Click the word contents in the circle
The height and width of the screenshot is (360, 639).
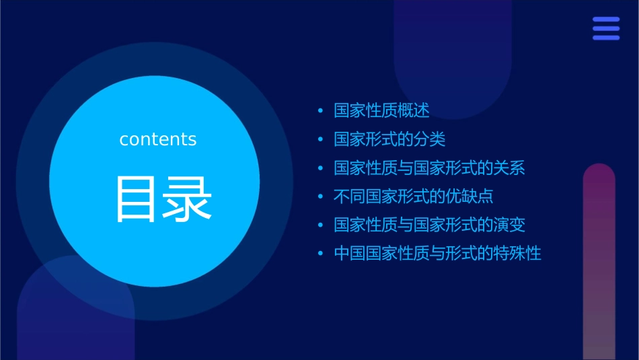click(x=158, y=139)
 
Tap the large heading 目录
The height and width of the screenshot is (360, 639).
click(x=164, y=199)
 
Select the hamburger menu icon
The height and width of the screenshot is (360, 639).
click(x=606, y=28)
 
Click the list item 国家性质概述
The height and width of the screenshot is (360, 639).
click(x=381, y=110)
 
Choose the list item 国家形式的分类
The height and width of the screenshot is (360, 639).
click(x=389, y=139)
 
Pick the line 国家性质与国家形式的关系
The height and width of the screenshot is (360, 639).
click(x=429, y=168)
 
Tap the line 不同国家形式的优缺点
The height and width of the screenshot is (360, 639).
click(x=414, y=196)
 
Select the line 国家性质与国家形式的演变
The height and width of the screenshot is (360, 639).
click(x=429, y=225)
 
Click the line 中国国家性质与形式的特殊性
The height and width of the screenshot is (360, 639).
click(x=437, y=254)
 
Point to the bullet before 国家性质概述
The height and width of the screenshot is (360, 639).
click(x=321, y=111)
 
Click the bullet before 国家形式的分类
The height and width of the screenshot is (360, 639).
click(x=321, y=140)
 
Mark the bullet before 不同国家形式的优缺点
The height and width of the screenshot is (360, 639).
click(x=321, y=197)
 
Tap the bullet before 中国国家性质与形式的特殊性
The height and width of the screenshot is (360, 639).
click(x=321, y=254)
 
